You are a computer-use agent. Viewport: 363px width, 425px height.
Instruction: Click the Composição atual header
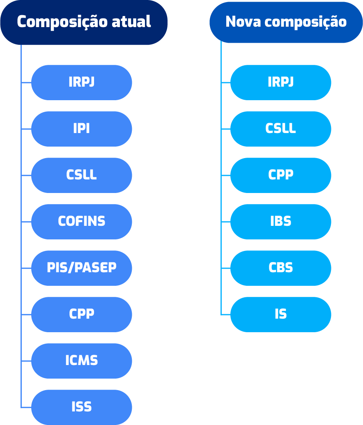click(x=84, y=22)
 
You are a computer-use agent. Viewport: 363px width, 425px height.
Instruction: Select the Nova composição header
click(x=286, y=22)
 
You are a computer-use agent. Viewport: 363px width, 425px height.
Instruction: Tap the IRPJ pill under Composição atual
click(x=81, y=82)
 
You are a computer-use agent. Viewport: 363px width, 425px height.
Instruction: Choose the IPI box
click(x=81, y=129)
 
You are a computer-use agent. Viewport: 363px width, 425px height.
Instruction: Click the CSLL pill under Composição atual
click(x=81, y=175)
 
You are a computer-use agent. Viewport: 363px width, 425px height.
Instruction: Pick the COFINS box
click(x=81, y=221)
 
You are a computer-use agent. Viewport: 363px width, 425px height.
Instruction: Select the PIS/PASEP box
click(x=81, y=268)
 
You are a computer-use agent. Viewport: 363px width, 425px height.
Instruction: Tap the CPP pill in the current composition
click(x=81, y=314)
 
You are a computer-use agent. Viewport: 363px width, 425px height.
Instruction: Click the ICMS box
click(x=81, y=361)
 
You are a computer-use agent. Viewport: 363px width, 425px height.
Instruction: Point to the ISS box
click(x=81, y=407)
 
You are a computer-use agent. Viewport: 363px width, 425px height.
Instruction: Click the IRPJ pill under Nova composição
click(x=280, y=82)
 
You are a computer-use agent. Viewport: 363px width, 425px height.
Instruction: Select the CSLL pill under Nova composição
click(x=280, y=129)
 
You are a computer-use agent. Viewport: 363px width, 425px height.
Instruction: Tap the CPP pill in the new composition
click(x=280, y=175)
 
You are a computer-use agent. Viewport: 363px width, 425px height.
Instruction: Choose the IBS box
click(x=280, y=221)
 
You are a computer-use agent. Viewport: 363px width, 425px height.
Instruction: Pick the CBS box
click(x=280, y=268)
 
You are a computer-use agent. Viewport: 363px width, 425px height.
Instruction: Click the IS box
click(x=280, y=314)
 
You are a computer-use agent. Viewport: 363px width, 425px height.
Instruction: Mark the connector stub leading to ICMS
click(x=26, y=361)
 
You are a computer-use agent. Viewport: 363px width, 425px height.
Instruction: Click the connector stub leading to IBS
click(x=225, y=221)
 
